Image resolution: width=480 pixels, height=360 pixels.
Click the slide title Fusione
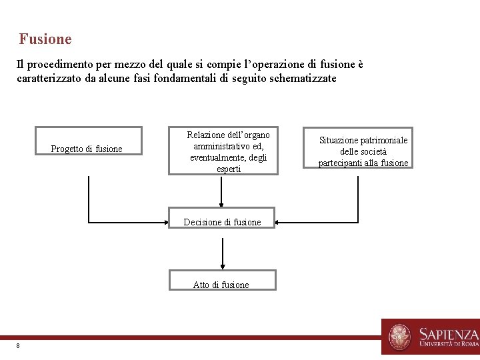(x=45, y=39)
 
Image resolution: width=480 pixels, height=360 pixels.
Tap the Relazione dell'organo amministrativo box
(x=223, y=152)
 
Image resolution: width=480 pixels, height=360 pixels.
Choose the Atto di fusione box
(x=222, y=281)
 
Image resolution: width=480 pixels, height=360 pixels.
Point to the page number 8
(x=18, y=345)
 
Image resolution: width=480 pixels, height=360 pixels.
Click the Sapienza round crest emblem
(x=400, y=337)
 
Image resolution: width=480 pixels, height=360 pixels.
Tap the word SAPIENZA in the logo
(x=448, y=333)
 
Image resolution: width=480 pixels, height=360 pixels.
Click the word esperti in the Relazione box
(x=229, y=169)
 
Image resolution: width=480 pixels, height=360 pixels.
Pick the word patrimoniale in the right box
(x=384, y=140)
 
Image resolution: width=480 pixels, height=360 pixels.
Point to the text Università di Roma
(x=449, y=345)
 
